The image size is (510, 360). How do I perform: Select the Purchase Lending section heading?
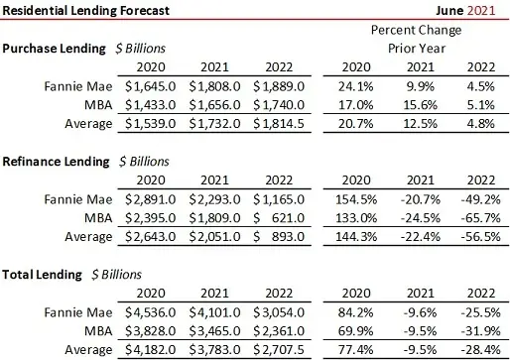click(x=55, y=48)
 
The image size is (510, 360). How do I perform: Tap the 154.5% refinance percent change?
click(x=363, y=198)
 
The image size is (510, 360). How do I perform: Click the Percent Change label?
click(x=422, y=30)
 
